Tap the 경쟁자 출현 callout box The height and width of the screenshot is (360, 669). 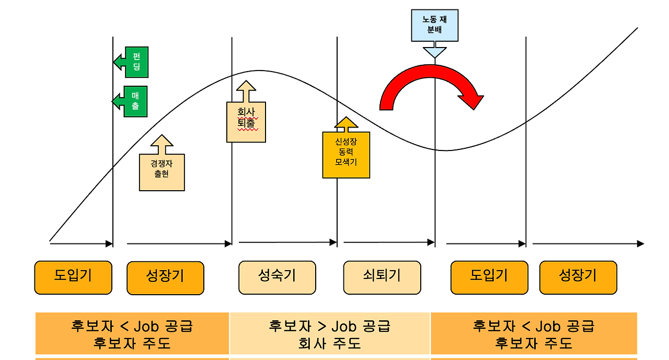point(162,172)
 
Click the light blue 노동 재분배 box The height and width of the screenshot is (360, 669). point(434,26)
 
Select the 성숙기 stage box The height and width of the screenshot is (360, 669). point(277,277)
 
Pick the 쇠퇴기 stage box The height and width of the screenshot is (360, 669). point(382,277)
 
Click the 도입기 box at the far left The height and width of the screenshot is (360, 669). point(73,277)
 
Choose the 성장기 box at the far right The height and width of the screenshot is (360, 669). point(578,277)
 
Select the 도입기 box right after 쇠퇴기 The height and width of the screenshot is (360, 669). point(489,277)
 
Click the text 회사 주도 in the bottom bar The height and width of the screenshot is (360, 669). point(329,344)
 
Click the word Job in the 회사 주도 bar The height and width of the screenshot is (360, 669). point(343,327)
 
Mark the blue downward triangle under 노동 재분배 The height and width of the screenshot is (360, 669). point(434,52)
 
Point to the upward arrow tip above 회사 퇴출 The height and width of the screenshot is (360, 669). point(246,83)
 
